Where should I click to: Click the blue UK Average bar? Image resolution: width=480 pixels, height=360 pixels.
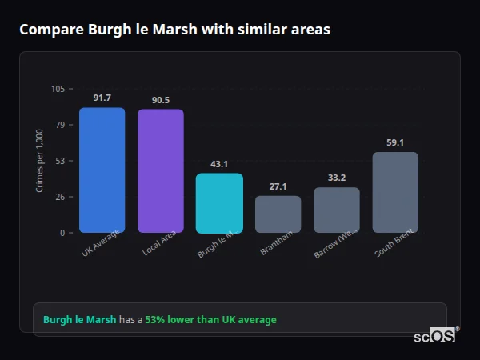pyautogui.click(x=102, y=170)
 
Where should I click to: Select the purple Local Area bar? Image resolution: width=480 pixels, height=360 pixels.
pyautogui.click(x=160, y=171)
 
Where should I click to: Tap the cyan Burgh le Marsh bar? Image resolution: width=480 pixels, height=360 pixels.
pyautogui.click(x=219, y=203)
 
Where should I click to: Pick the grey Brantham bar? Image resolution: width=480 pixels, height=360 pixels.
pyautogui.click(x=278, y=214)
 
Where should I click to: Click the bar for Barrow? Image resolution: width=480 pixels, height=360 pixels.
pyautogui.click(x=336, y=210)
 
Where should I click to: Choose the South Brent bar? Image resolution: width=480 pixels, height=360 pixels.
pyautogui.click(x=395, y=192)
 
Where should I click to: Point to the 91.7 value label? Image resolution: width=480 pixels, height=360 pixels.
pyautogui.click(x=102, y=98)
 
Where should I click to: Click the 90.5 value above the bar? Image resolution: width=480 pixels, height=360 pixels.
pyautogui.click(x=160, y=100)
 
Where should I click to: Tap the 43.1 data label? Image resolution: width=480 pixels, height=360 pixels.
pyautogui.click(x=219, y=164)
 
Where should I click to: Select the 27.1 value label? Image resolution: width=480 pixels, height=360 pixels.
pyautogui.click(x=278, y=186)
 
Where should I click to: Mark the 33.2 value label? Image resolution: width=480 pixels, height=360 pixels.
pyautogui.click(x=336, y=178)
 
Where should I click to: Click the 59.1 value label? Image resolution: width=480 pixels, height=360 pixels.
pyautogui.click(x=395, y=142)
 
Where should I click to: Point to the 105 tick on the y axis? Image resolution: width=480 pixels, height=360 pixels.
pyautogui.click(x=58, y=89)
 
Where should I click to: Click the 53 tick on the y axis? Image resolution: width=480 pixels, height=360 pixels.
pyautogui.click(x=60, y=161)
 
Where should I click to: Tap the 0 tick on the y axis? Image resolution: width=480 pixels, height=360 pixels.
pyautogui.click(x=62, y=233)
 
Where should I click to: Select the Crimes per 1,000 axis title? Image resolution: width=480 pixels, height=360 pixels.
pyautogui.click(x=40, y=160)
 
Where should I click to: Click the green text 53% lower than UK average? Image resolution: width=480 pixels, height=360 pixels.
pyautogui.click(x=210, y=319)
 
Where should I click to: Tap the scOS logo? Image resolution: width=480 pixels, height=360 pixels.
pyautogui.click(x=434, y=336)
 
